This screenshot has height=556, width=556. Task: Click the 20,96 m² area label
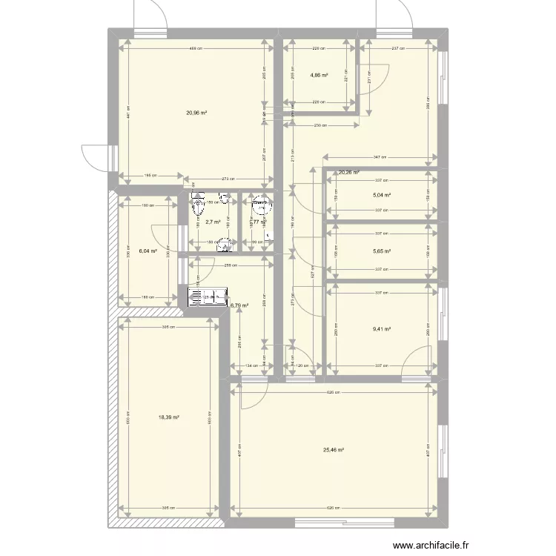tap(196, 113)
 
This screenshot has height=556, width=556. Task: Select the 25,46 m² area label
tap(334, 450)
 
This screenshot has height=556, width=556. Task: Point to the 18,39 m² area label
tap(169, 417)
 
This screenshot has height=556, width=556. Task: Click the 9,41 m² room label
tap(382, 330)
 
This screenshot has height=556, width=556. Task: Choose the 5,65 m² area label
tap(381, 251)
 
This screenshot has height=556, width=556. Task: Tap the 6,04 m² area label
tap(147, 251)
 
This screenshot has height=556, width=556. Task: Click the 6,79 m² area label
tap(239, 305)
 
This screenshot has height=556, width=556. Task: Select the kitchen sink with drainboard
tap(210, 297)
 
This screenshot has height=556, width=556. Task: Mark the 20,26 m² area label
tap(348, 173)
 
